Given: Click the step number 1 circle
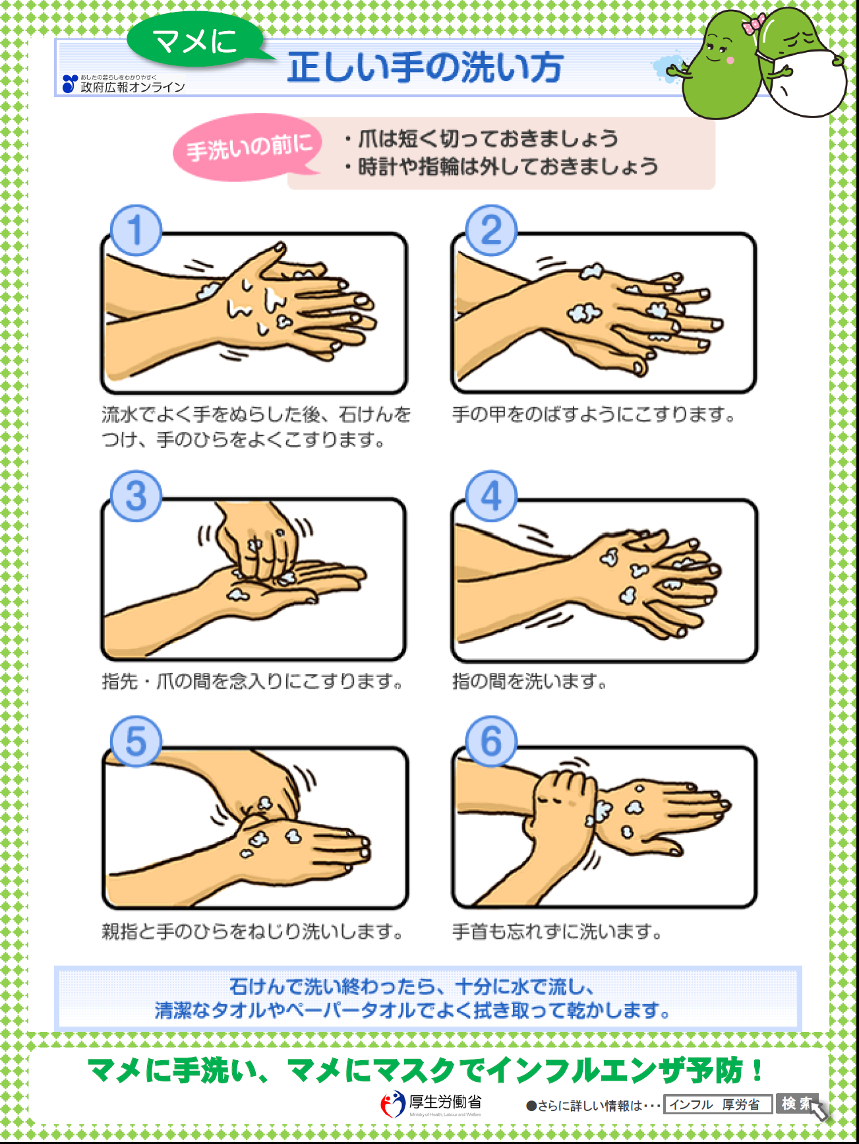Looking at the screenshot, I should [x=136, y=230].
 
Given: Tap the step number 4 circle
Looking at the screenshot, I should [x=491, y=496].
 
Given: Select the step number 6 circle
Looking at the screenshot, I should [x=491, y=741].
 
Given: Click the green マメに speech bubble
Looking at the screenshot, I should [x=195, y=41].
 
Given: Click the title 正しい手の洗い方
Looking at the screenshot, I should [x=425, y=67].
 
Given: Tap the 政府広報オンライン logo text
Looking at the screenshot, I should [x=132, y=86].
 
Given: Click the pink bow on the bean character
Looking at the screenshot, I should [x=753, y=24].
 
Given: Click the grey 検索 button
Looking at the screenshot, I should [x=796, y=1103].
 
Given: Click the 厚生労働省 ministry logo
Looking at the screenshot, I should [x=432, y=1103].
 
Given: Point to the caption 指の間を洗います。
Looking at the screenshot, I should [x=529, y=681].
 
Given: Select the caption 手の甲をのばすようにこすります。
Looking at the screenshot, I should [x=593, y=415].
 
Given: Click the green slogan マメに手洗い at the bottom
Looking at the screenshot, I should [x=425, y=1069].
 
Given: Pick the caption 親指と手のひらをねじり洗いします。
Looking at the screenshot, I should [x=252, y=932].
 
